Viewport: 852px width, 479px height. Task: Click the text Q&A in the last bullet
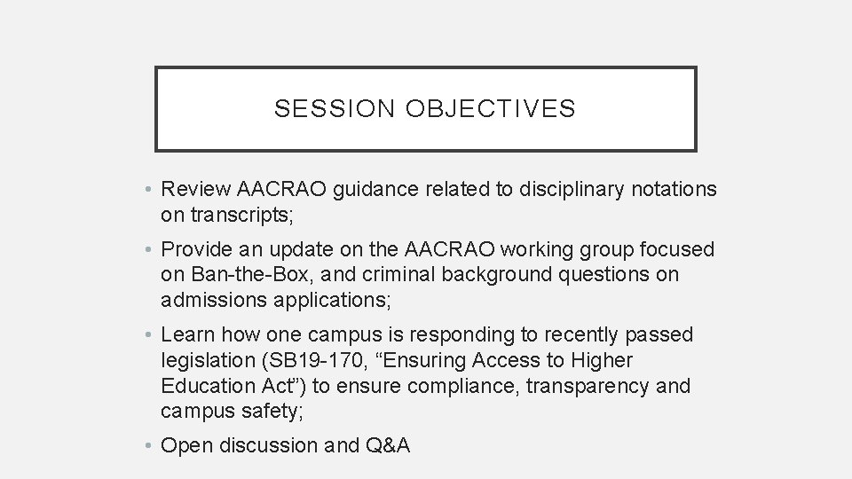tap(388, 445)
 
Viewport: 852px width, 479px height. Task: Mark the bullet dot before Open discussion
tap(150, 446)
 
